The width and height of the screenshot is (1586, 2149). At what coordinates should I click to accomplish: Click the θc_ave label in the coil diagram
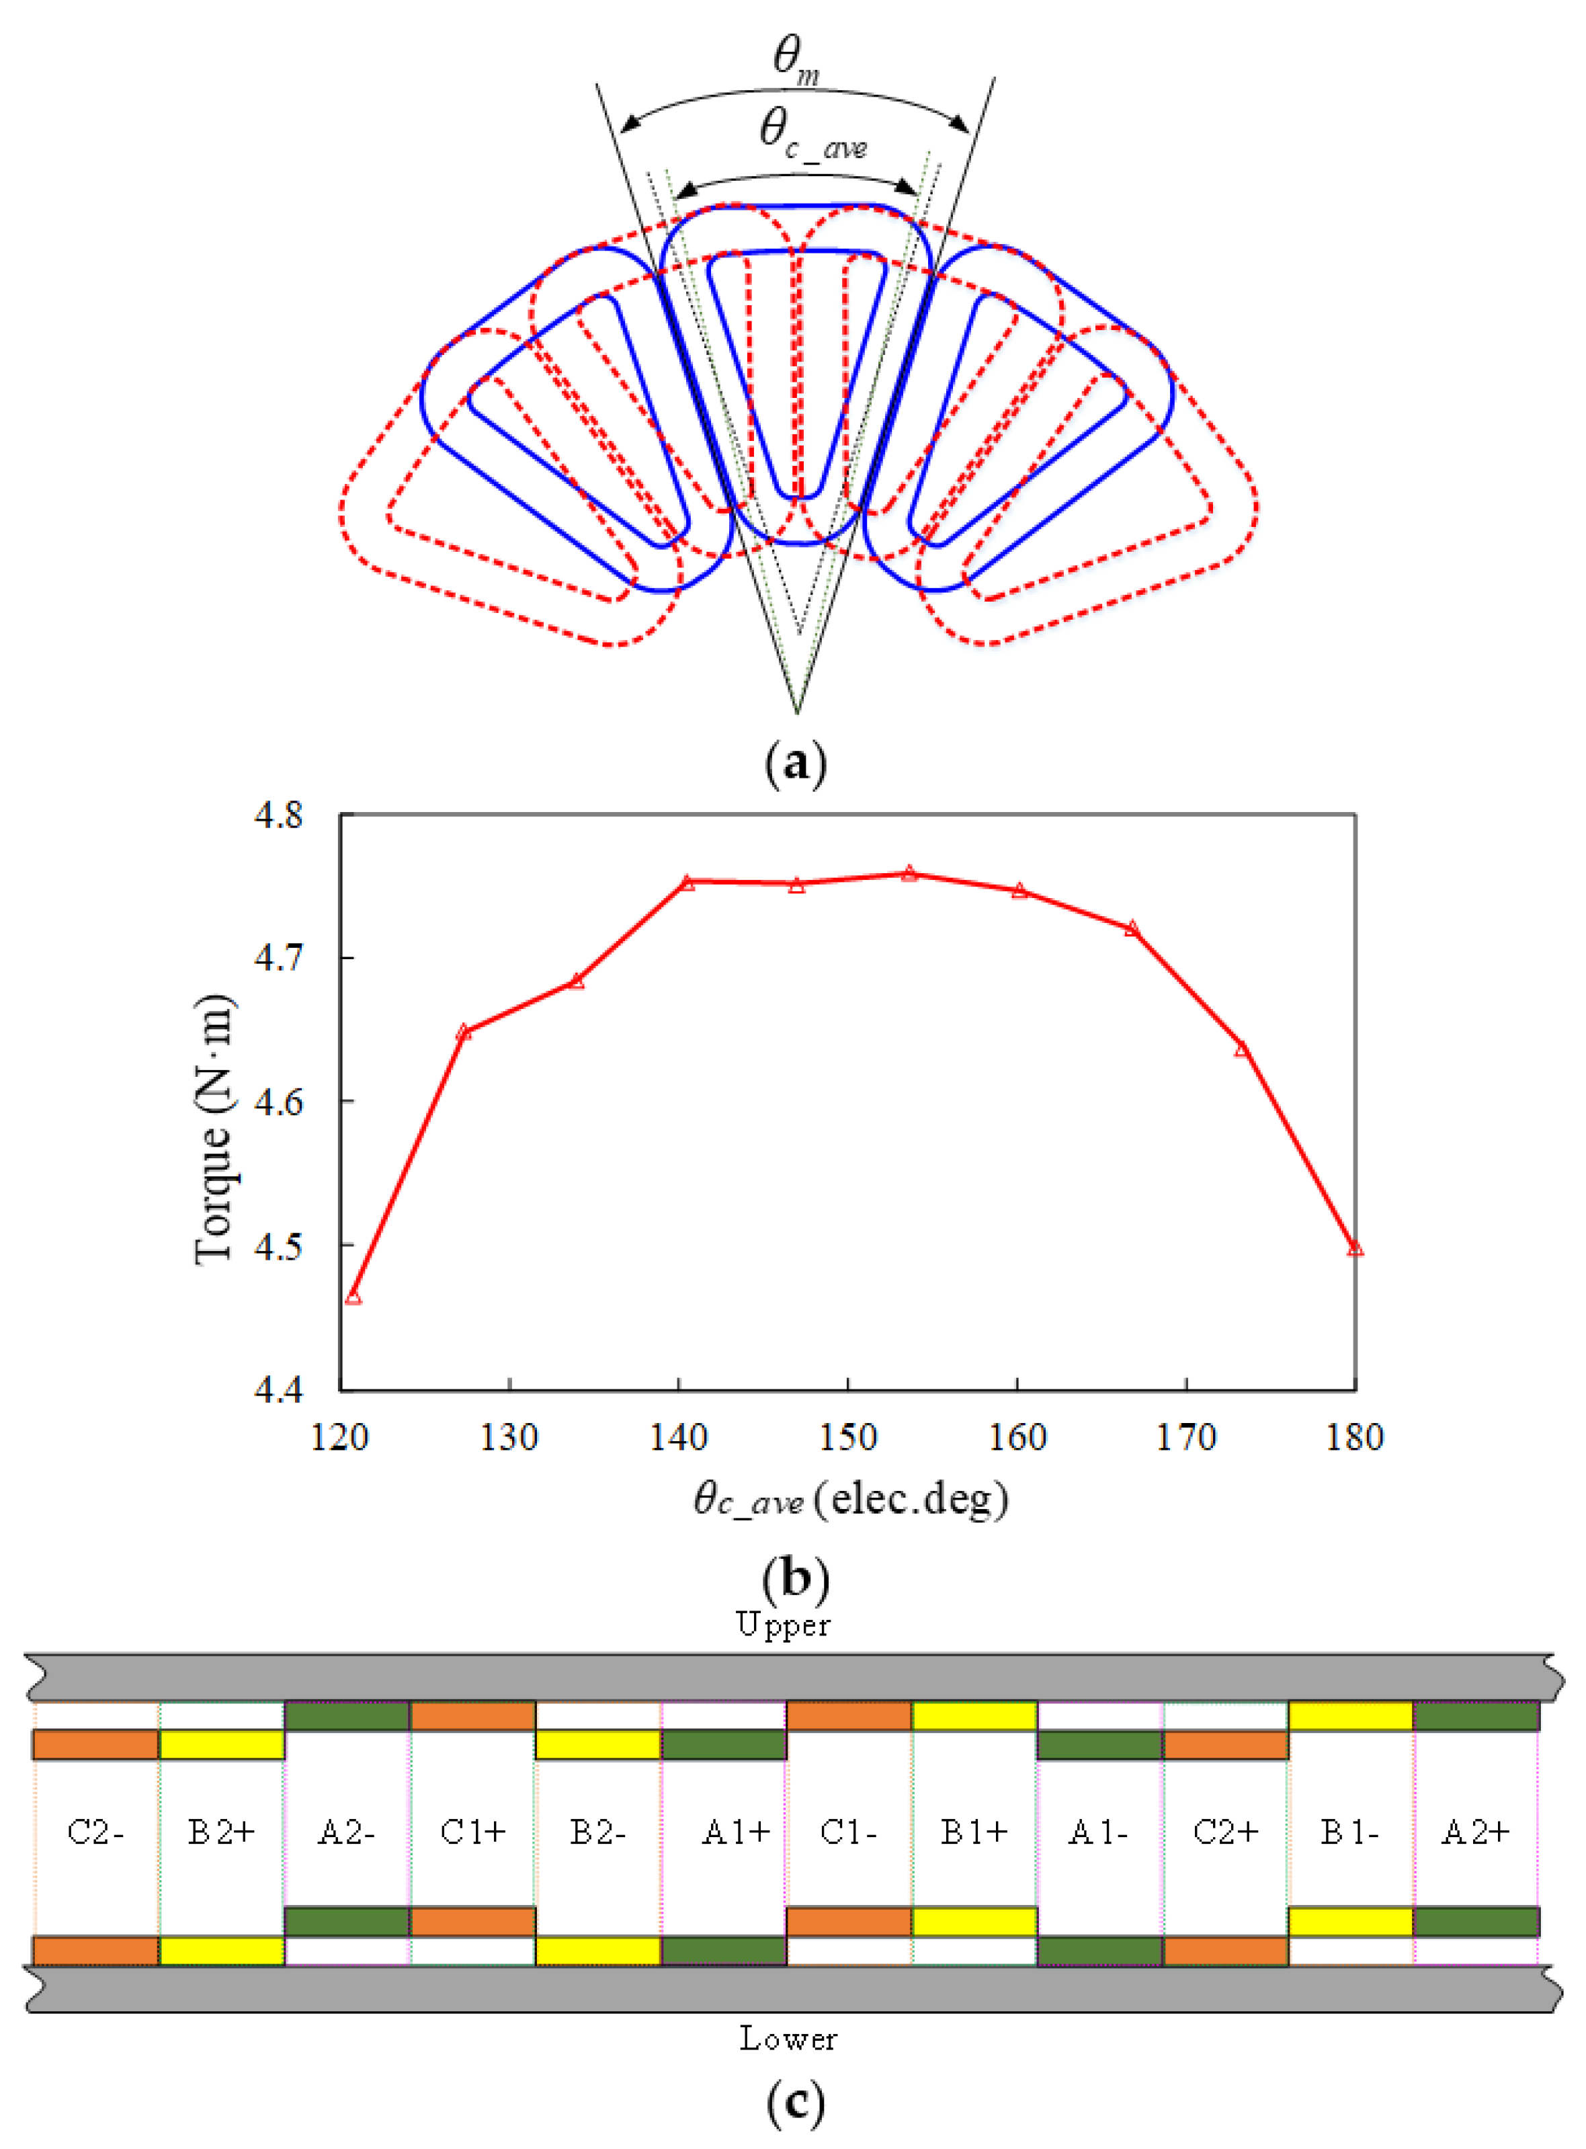click(x=812, y=132)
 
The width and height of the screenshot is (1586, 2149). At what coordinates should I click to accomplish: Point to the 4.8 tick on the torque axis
click(x=278, y=815)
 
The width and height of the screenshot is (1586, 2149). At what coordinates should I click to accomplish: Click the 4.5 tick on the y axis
click(x=278, y=1246)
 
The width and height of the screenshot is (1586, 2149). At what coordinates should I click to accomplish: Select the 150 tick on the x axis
click(x=847, y=1437)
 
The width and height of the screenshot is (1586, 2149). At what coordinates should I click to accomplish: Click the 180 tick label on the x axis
click(x=1355, y=1437)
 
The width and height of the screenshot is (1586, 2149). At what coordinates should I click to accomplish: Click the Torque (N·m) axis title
click(x=213, y=1130)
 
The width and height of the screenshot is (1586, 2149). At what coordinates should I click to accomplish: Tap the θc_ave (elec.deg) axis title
click(x=851, y=1500)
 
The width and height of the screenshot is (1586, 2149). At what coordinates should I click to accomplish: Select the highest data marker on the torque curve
click(x=909, y=874)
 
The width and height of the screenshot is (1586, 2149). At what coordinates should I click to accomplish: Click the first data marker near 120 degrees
click(x=353, y=1298)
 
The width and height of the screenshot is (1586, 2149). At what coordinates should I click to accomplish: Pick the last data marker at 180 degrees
click(x=1355, y=1249)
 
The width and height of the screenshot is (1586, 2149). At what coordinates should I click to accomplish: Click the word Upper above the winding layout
click(x=784, y=1624)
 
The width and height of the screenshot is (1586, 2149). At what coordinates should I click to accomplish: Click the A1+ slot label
click(x=737, y=1832)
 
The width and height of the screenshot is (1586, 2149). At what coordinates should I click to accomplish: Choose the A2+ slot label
click(x=1476, y=1832)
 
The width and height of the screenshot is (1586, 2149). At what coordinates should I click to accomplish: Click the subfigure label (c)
click(x=796, y=2102)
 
